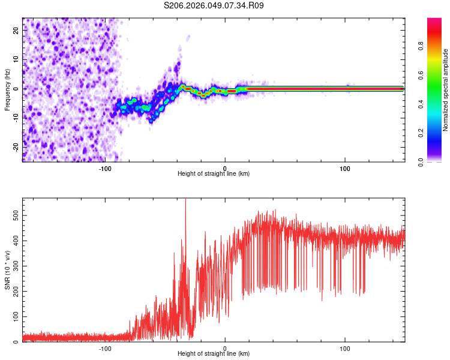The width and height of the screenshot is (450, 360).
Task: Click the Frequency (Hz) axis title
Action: click(7, 89)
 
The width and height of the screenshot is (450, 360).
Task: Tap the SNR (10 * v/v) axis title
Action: click(7, 270)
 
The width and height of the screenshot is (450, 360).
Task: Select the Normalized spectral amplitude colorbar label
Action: click(446, 89)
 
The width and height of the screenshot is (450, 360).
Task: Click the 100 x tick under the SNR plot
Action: click(345, 348)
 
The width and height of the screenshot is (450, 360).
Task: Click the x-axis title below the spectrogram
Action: click(214, 173)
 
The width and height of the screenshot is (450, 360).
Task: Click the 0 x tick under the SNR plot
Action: click(225, 348)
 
